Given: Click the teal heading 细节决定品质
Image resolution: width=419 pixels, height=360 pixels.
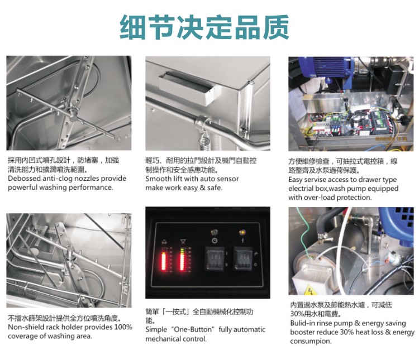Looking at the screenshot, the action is pyautogui.click(x=204, y=27).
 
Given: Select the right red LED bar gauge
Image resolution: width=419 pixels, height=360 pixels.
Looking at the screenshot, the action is pyautogui.click(x=183, y=260).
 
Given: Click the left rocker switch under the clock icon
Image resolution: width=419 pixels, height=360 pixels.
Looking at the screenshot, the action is pyautogui.click(x=215, y=258).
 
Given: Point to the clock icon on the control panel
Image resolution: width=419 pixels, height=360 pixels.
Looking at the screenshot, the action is pyautogui.click(x=215, y=241).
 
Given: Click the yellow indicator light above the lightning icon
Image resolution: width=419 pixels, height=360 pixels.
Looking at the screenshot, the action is pyautogui.click(x=242, y=233).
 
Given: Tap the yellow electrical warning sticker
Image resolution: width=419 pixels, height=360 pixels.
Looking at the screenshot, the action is pyautogui.click(x=311, y=290).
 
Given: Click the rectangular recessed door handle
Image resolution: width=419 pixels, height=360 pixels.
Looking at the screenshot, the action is pyautogui.click(x=187, y=87).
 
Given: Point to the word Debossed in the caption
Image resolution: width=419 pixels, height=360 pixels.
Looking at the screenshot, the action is pyautogui.click(x=24, y=179).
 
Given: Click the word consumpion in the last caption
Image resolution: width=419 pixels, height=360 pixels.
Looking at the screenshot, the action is pyautogui.click(x=311, y=342).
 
